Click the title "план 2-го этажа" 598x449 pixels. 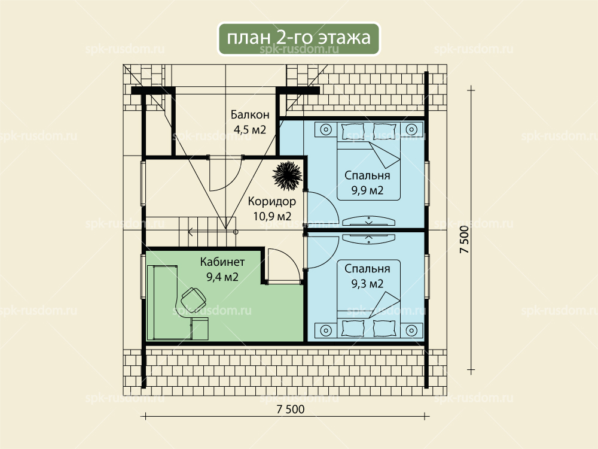(x=298, y=38)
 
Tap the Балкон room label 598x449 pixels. (x=250, y=114)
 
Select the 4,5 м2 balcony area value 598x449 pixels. (x=250, y=129)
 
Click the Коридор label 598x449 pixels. (x=272, y=201)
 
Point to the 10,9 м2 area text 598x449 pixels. (x=272, y=217)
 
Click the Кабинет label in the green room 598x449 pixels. (x=222, y=262)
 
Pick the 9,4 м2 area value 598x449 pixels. (x=222, y=277)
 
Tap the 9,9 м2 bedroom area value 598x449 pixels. (x=367, y=190)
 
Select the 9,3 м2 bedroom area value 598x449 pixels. (x=367, y=284)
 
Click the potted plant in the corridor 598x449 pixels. (x=287, y=175)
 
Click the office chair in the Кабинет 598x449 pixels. (x=193, y=299)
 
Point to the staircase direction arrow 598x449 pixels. (x=212, y=231)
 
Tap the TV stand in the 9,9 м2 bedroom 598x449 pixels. (x=368, y=220)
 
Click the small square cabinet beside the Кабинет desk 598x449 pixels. (x=200, y=328)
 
